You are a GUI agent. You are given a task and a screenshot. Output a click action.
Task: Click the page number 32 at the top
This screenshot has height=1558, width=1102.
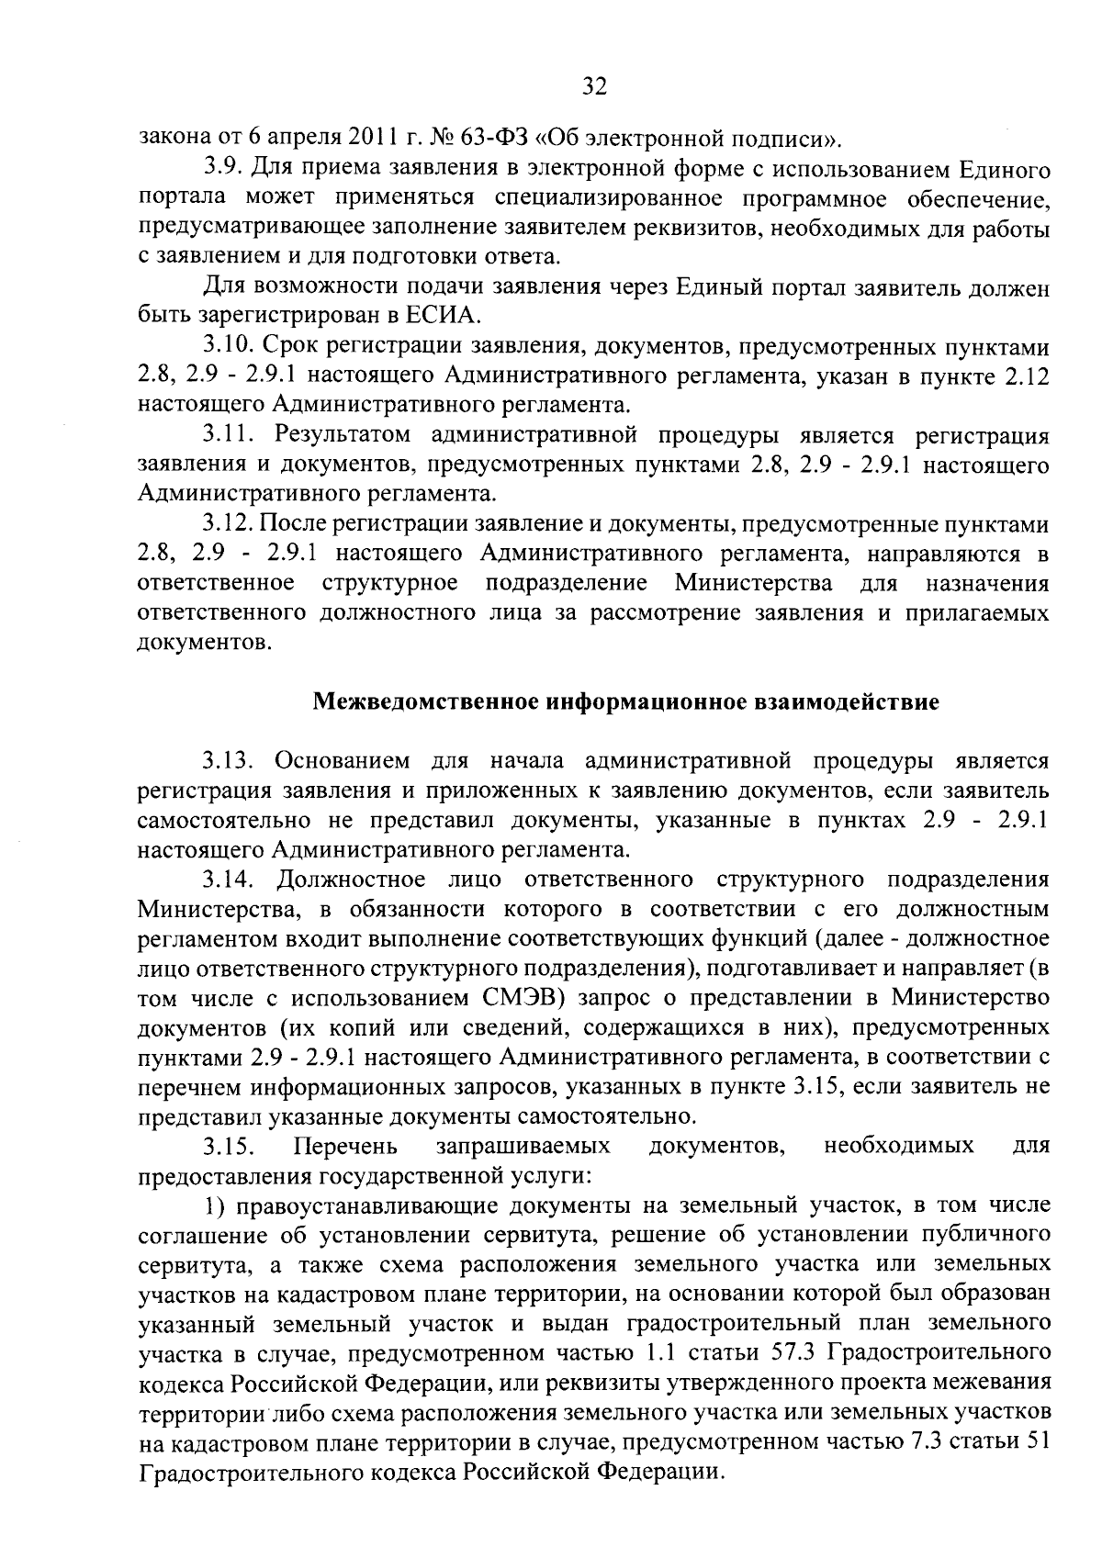pos(595,87)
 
